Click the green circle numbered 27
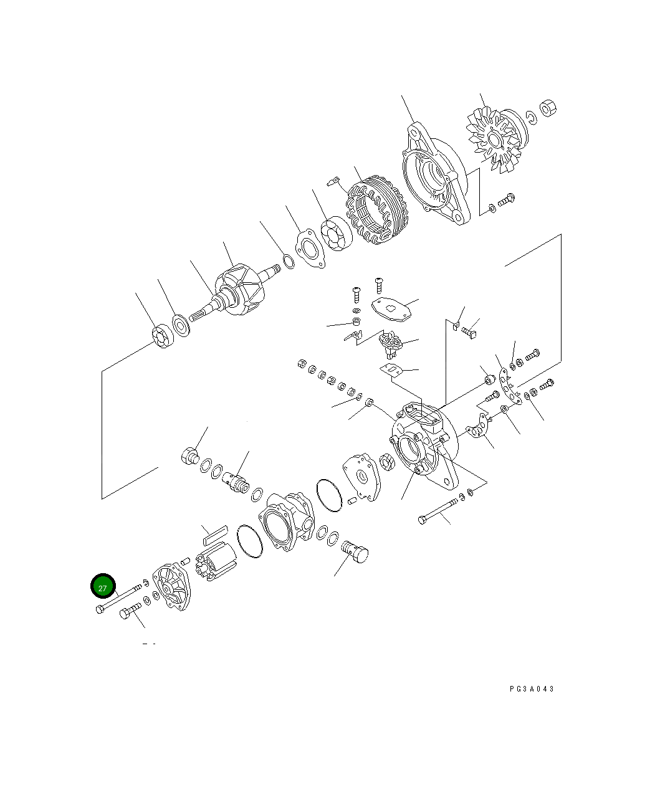[x=103, y=587]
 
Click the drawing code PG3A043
[x=531, y=689]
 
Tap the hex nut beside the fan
[x=547, y=108]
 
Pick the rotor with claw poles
[x=237, y=293]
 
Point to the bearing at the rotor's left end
[x=163, y=336]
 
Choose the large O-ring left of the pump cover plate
[x=329, y=495]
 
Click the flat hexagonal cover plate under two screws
[x=392, y=308]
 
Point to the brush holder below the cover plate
[x=392, y=344]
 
